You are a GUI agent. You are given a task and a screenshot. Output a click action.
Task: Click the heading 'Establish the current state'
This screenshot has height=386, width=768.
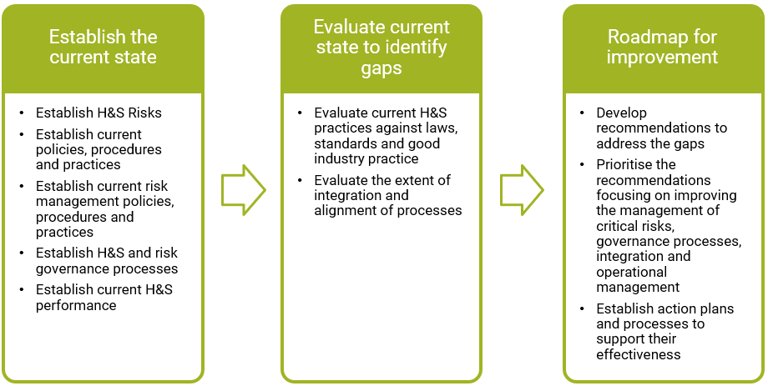point(103,47)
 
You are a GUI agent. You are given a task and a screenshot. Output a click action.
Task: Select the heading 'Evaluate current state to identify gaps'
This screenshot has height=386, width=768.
point(381,48)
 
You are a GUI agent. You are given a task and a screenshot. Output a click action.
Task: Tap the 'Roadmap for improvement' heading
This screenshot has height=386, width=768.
point(662,47)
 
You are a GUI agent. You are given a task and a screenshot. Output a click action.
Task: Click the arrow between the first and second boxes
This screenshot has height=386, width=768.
point(244,190)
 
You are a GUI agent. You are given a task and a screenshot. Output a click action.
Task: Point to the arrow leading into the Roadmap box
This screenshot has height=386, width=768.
point(522,190)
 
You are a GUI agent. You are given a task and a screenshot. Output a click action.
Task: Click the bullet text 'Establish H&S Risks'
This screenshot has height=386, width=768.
point(99,113)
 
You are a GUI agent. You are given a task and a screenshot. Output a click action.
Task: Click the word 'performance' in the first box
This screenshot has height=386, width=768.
point(76,306)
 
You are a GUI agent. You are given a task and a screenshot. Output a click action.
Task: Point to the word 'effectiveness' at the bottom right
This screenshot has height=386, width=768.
point(639,354)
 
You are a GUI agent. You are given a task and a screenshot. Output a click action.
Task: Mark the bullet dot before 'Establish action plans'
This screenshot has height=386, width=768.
point(582,308)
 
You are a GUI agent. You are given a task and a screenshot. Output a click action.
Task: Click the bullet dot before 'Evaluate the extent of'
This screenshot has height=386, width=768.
point(300,181)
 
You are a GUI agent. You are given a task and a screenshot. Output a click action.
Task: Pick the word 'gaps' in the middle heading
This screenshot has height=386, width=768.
point(381,69)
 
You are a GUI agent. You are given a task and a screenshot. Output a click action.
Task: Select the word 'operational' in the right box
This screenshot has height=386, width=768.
point(632,272)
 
